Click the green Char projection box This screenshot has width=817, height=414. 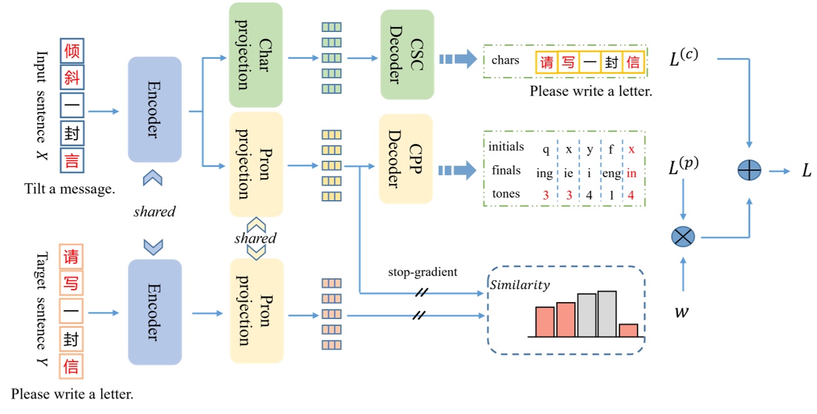point(255,54)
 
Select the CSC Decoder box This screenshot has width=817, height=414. point(407,54)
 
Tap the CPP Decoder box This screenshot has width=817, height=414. point(406,158)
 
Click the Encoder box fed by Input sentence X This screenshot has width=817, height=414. point(155,109)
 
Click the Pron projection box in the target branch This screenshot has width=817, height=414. point(257,311)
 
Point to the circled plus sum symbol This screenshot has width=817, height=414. point(749,170)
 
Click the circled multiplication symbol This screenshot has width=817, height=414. point(682,237)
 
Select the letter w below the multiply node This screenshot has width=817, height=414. point(682,311)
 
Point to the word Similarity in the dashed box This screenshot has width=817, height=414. point(519,285)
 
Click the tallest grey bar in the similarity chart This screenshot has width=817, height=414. point(607,313)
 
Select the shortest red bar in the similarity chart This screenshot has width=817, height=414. point(628,330)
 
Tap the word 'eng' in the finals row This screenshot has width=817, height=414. point(610,172)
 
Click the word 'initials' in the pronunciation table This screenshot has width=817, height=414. point(506,147)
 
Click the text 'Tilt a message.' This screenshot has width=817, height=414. point(69,188)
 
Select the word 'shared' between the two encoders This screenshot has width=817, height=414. point(154,211)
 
